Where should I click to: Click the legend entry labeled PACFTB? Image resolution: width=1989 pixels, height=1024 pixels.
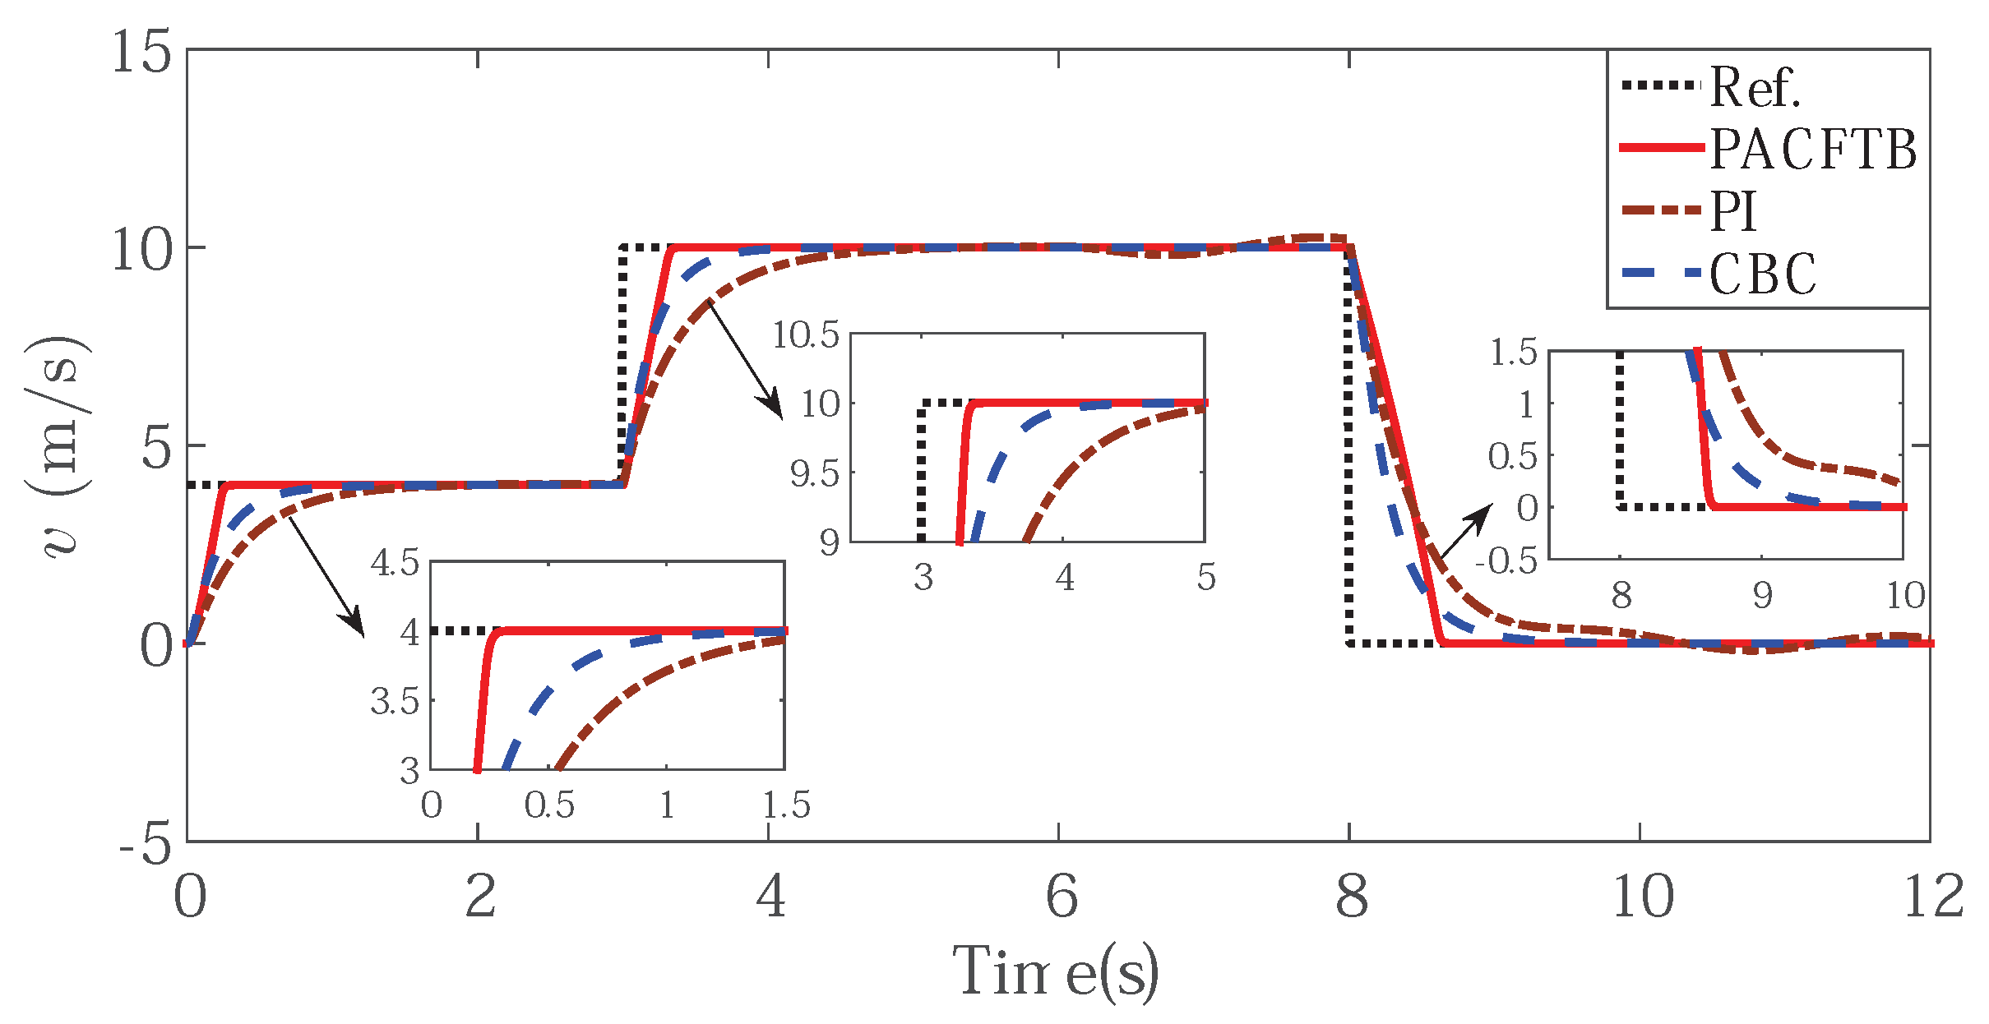1813,150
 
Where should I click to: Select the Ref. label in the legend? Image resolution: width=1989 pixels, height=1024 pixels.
1755,87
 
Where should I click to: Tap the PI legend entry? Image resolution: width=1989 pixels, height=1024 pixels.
1733,211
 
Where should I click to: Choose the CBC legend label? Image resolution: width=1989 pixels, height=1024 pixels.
1763,274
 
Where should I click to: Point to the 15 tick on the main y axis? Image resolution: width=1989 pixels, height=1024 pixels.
141,53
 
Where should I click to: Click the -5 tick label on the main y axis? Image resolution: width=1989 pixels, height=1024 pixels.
146,844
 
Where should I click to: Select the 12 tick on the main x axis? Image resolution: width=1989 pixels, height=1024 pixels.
1933,897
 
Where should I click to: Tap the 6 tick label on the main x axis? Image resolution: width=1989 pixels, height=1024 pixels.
1061,897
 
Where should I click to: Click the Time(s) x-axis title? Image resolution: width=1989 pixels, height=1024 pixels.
1056,972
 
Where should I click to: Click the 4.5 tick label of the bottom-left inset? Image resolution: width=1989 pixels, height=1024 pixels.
395,564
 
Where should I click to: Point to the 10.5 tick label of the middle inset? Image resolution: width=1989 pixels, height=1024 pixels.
805,335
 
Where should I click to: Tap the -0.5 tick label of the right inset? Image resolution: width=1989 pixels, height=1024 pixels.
1506,561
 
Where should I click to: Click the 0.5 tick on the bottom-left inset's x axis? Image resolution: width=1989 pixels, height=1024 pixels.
549,806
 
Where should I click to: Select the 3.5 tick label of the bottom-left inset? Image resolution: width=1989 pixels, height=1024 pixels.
395,702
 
